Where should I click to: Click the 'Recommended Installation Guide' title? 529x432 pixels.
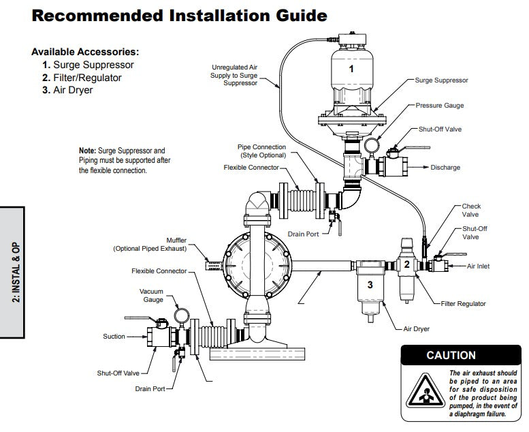180,15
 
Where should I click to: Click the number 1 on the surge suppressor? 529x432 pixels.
351,69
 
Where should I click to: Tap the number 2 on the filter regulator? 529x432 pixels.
406,264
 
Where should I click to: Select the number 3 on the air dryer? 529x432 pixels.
370,285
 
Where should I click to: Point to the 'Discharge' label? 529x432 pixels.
445,168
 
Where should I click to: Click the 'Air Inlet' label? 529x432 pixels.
479,266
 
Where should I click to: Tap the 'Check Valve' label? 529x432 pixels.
471,211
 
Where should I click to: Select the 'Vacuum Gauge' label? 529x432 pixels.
151,295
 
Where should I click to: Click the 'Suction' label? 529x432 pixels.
114,336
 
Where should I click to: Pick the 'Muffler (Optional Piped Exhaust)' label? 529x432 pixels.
150,245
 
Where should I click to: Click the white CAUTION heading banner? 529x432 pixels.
451,355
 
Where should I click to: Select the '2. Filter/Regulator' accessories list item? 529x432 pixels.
86,77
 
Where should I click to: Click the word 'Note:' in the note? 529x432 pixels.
87,151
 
